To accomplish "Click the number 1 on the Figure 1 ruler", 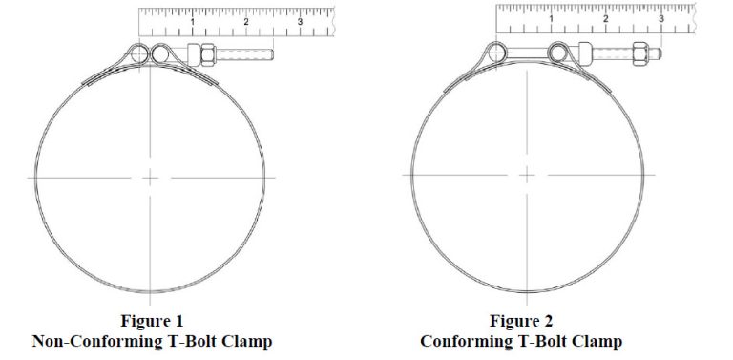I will (x=194, y=21).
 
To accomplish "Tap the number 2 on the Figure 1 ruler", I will (x=246, y=21).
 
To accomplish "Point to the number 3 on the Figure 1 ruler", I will (x=301, y=21).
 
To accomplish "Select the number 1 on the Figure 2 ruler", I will (x=552, y=18).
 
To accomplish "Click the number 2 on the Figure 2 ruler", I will (x=605, y=18).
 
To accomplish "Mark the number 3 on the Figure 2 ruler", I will (x=660, y=18).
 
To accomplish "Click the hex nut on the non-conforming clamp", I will (x=202, y=53).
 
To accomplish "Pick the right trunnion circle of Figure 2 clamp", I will (x=559, y=51).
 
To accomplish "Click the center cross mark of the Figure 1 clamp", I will (x=151, y=177).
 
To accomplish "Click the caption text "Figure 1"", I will (x=152, y=321).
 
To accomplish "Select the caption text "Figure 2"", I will (x=520, y=321).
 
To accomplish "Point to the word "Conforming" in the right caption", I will (x=471, y=341).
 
